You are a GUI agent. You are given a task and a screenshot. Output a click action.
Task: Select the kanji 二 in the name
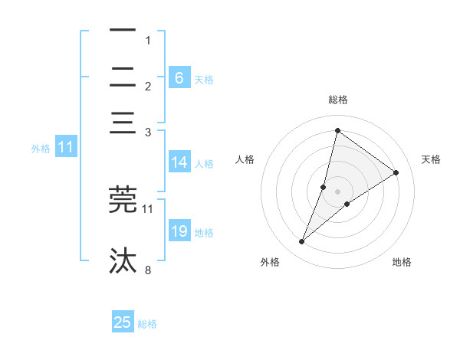123,77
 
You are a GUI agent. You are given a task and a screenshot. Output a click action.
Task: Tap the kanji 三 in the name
123,123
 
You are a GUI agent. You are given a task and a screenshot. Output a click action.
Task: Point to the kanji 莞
123,198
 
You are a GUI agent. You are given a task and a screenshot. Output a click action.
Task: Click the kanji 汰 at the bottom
123,260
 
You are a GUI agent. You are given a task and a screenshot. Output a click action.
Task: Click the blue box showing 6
179,77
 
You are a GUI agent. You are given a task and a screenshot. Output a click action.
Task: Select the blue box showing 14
179,162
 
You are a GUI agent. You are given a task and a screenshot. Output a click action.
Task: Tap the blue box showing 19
179,231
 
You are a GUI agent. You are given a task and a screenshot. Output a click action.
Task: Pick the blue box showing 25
123,322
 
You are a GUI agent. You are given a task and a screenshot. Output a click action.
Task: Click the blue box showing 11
65,148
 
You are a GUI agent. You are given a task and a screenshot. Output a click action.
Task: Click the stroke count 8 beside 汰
148,270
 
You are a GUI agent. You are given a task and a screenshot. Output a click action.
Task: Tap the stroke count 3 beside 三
148,133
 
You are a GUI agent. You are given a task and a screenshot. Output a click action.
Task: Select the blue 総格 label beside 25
147,324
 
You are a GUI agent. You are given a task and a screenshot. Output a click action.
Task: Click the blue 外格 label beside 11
41,149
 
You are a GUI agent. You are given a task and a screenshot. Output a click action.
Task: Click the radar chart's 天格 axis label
431,159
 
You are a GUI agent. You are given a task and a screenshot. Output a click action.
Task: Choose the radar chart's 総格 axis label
337,100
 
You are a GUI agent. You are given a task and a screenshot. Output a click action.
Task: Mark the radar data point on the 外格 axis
302,242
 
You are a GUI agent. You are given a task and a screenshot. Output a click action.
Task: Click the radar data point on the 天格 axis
396,172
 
